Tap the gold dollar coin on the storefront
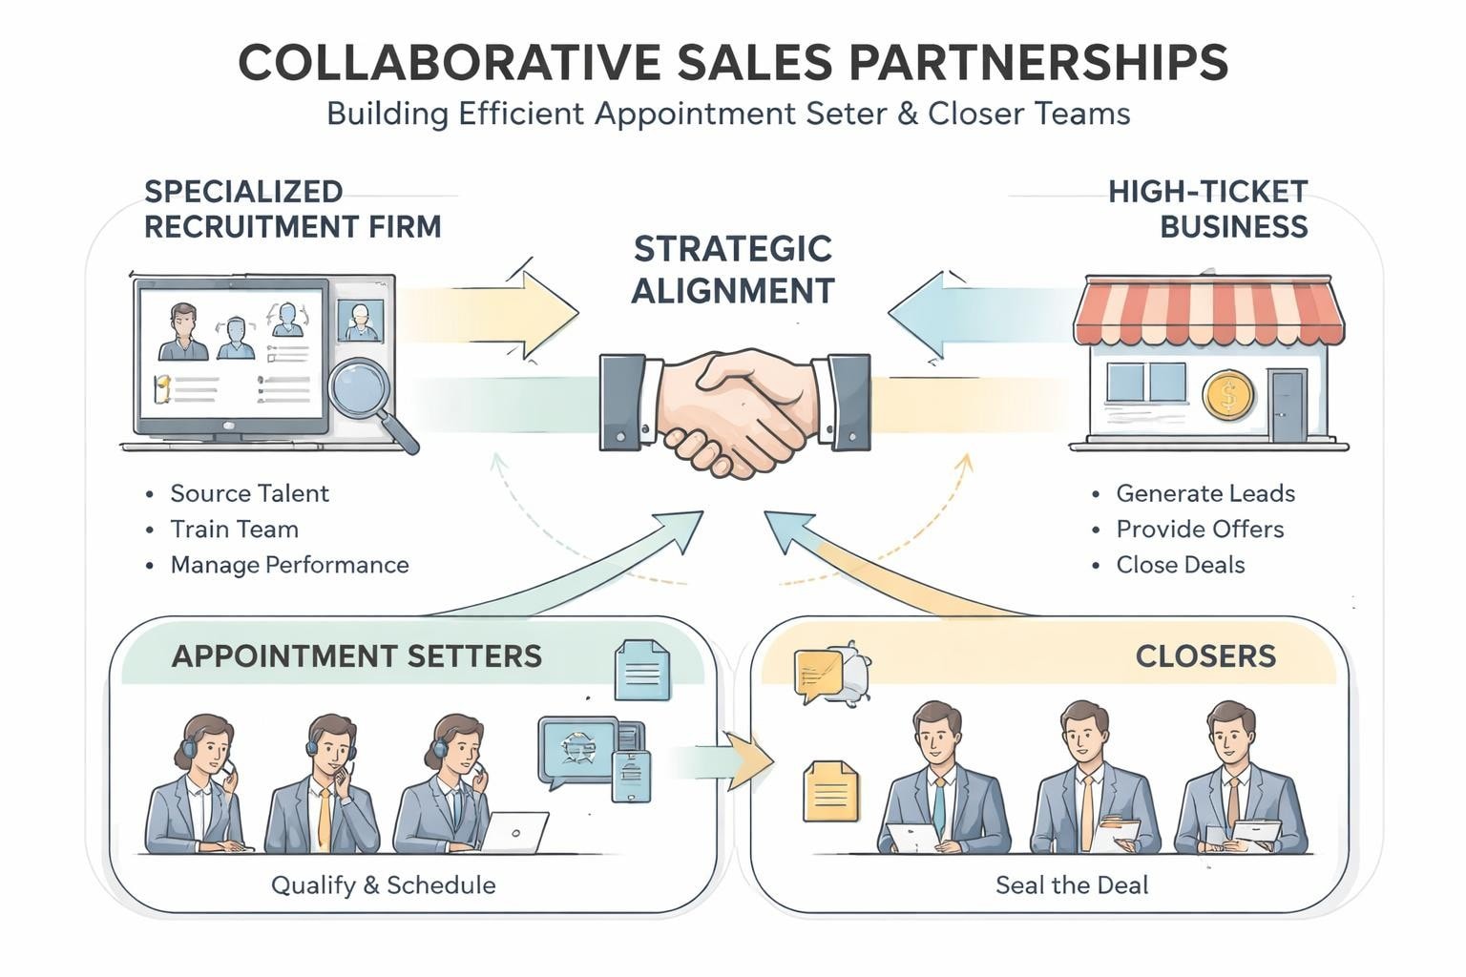(1227, 396)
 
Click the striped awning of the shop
(1208, 309)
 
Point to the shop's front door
(1288, 405)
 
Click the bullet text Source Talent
(249, 493)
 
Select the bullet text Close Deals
(1180, 565)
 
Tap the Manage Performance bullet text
(289, 565)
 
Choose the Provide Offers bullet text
(1200, 530)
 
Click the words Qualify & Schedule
(383, 885)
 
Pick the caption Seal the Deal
(1072, 885)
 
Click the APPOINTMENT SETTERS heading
(357, 656)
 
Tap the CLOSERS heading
(1205, 656)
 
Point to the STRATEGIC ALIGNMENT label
(733, 269)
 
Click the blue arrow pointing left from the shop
(954, 314)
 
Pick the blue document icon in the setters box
(641, 670)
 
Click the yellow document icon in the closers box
(830, 791)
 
